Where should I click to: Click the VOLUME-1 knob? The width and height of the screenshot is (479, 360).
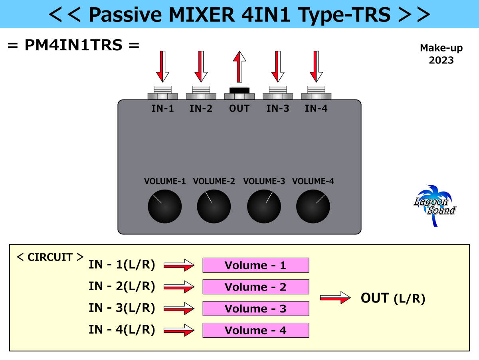[x=164, y=207]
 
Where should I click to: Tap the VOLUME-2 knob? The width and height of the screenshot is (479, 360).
[x=214, y=207]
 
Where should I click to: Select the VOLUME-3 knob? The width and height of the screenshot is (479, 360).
[x=264, y=207]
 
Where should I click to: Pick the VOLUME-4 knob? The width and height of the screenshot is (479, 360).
[x=313, y=207]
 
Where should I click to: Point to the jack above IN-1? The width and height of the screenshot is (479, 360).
[x=162, y=93]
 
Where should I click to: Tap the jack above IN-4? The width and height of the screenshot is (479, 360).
[x=316, y=93]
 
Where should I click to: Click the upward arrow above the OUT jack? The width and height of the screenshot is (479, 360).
[x=239, y=67]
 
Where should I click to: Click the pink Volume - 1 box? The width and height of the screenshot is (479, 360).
[x=255, y=265]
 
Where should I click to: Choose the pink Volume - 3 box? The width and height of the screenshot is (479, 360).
[x=255, y=309]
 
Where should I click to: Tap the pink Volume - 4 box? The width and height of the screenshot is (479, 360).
[x=255, y=330]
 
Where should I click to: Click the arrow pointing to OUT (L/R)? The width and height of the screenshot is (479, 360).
[x=335, y=298]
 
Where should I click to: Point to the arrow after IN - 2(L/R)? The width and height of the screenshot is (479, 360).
[x=179, y=287]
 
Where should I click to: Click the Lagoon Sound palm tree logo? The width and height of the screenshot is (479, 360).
[x=435, y=204]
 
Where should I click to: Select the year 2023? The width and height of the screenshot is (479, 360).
[x=441, y=60]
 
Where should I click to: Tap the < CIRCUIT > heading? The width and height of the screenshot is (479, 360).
[x=50, y=257]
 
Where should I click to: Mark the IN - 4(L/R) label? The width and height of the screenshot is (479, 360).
[x=122, y=330]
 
